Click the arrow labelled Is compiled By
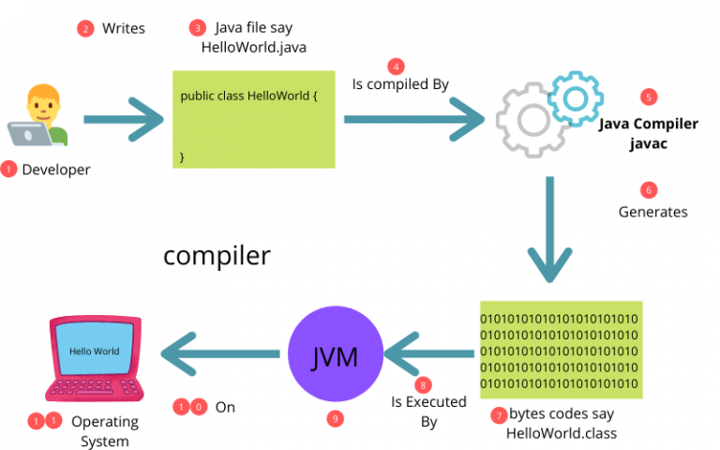[412, 120]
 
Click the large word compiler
[217, 256]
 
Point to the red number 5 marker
[647, 97]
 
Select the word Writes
[123, 28]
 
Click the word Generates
[652, 212]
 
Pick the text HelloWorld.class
[561, 433]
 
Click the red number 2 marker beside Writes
[85, 28]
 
